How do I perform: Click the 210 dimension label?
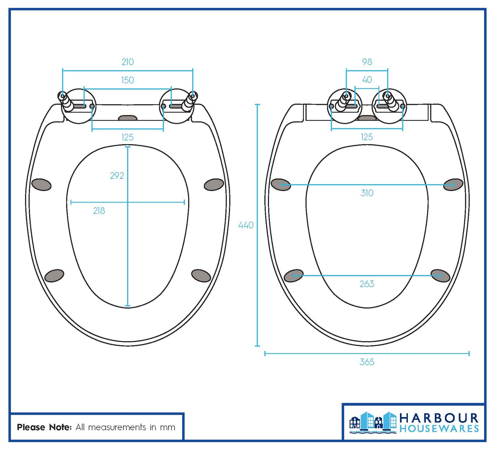(128, 62)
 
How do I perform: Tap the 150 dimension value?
(128, 80)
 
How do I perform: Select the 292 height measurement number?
(117, 176)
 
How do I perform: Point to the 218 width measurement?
(99, 211)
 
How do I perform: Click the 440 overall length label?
(246, 225)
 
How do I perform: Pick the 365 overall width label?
(367, 362)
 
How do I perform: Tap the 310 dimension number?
(367, 193)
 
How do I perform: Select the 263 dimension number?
(367, 284)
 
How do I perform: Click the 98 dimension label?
(367, 62)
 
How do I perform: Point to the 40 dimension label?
(367, 80)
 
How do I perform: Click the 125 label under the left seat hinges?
(128, 137)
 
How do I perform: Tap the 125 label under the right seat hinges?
(367, 137)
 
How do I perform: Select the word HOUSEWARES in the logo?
(439, 429)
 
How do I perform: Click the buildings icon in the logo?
(373, 422)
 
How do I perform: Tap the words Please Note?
(44, 428)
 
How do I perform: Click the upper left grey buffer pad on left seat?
(41, 185)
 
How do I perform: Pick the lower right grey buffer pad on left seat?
(201, 276)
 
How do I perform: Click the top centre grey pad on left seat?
(128, 118)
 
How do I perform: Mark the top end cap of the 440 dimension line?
(257, 105)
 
